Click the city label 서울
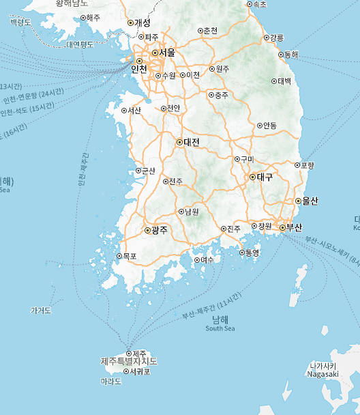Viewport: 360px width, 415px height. click(167, 53)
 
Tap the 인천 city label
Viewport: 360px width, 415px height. click(139, 68)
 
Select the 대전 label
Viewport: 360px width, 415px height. click(191, 143)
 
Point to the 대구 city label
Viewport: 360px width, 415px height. click(265, 177)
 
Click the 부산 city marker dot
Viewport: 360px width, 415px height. click(282, 227)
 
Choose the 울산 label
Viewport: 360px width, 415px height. click(310, 201)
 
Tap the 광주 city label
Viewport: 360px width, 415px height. click(159, 231)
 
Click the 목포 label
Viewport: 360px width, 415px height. click(130, 257)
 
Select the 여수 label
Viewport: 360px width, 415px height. click(207, 259)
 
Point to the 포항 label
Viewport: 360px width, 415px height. click(307, 164)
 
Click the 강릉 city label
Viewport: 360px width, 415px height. click(277, 37)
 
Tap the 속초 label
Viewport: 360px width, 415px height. click(260, 4)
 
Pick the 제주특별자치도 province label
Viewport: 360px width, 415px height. click(129, 361)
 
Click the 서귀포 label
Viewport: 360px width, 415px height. click(139, 371)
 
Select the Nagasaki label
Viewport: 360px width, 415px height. click(322, 373)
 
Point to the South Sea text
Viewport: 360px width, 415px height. click(220, 329)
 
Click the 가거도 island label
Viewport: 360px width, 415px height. click(41, 310)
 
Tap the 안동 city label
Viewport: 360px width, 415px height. click(270, 126)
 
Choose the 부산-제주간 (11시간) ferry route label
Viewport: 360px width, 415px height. click(212, 306)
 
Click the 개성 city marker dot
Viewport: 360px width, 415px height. click(130, 23)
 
